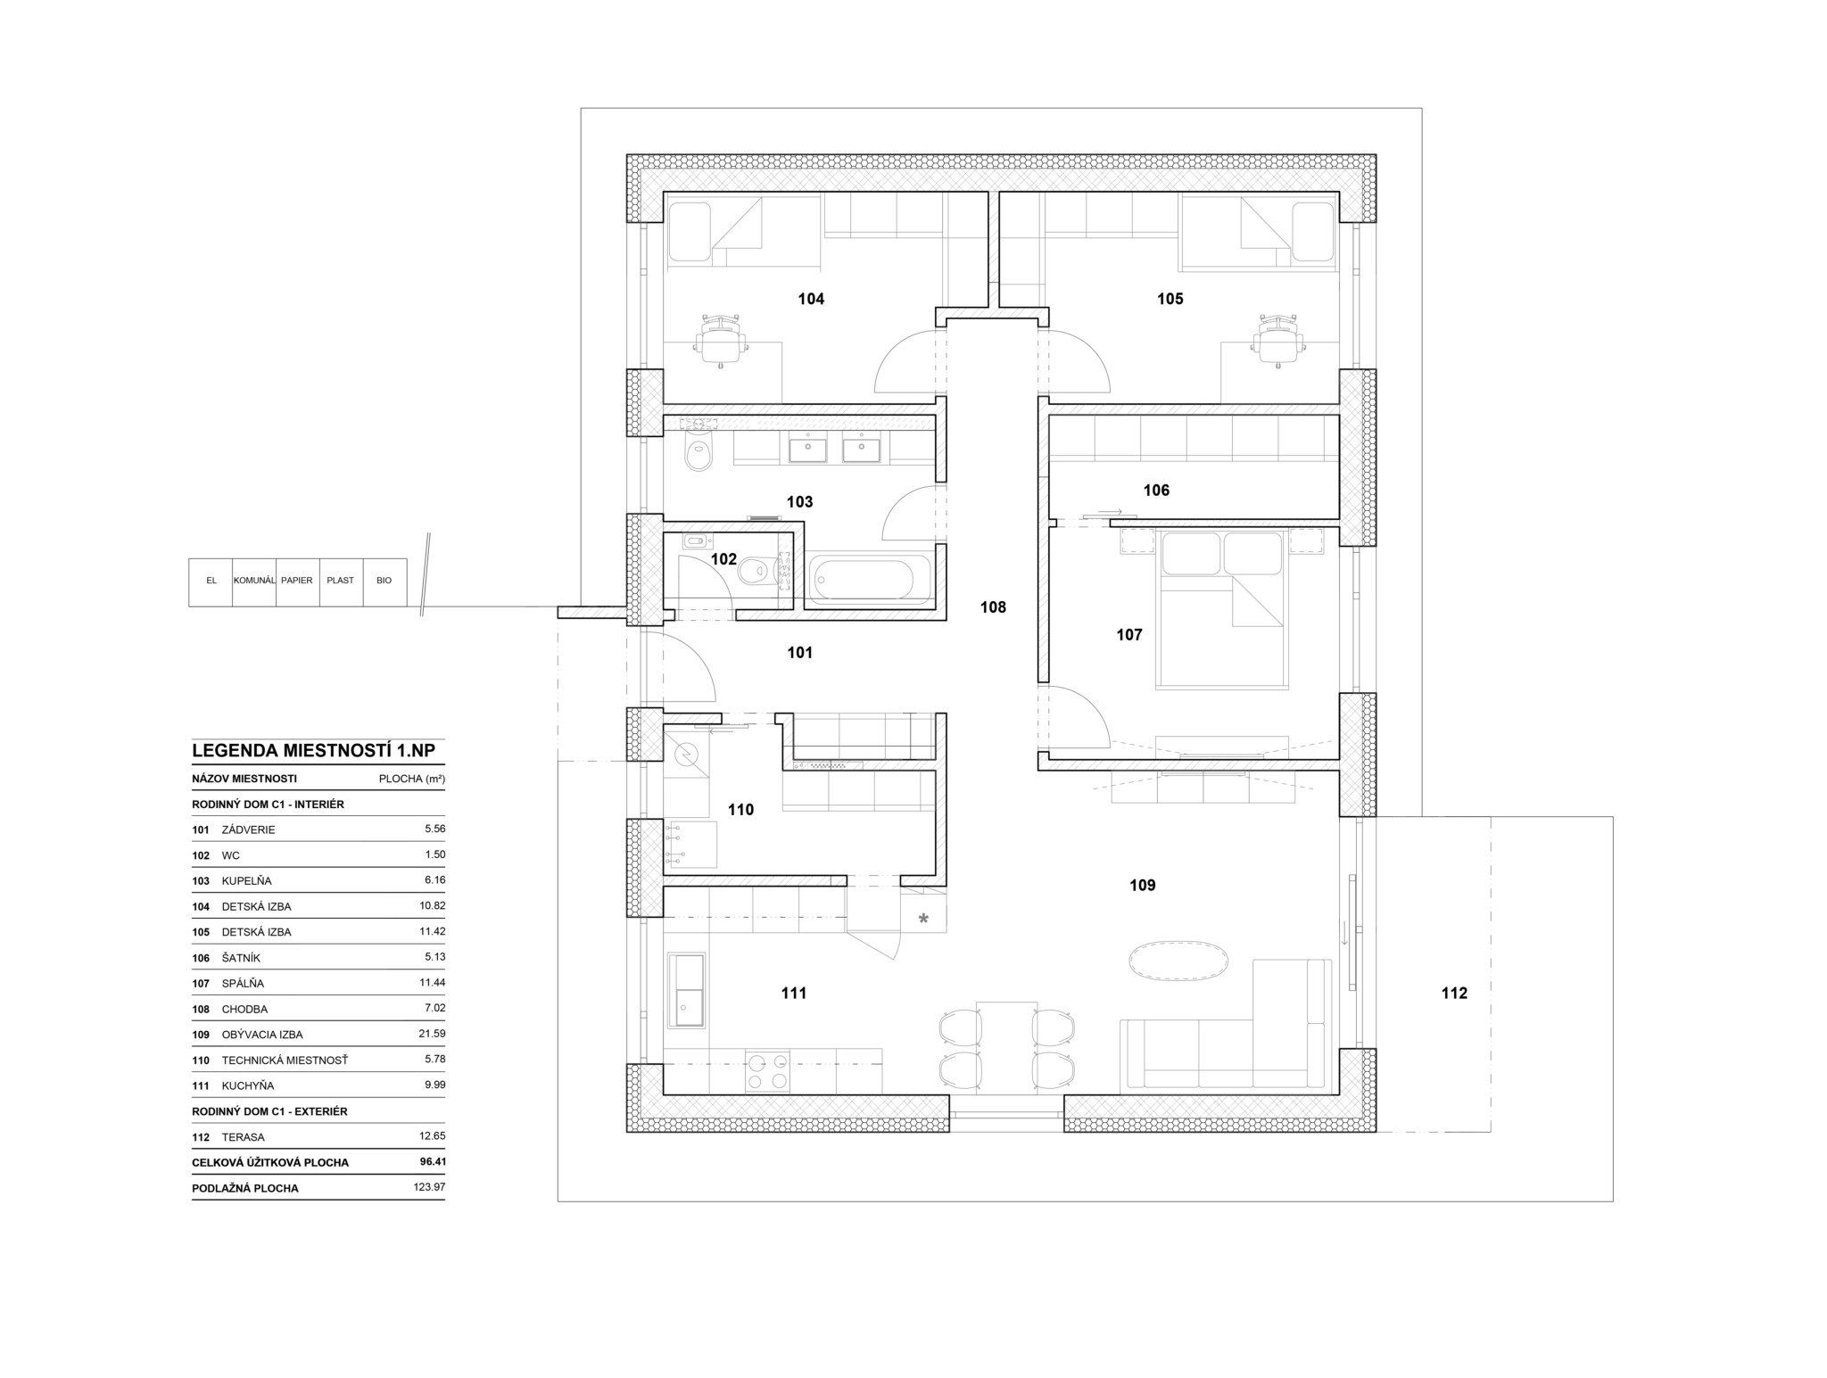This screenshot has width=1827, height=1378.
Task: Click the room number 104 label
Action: (811, 299)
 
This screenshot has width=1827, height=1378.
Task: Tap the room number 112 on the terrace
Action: (1454, 993)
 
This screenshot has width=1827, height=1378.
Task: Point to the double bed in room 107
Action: (1221, 608)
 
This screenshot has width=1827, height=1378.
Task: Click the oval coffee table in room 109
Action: (1178, 962)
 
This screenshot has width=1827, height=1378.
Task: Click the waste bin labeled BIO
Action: (384, 582)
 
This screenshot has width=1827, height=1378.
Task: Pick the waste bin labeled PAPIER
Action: (297, 582)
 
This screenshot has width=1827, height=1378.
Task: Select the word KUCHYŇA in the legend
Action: (248, 1085)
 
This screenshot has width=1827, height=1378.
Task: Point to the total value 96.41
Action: (433, 1162)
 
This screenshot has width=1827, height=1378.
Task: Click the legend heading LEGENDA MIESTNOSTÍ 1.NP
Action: (314, 750)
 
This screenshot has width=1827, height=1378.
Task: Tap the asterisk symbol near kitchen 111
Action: (923, 918)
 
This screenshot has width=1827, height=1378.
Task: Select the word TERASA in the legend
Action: (244, 1137)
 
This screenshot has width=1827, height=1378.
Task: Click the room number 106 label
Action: (1156, 490)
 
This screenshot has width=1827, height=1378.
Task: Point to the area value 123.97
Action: (430, 1187)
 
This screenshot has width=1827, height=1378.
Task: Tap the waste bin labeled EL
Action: (211, 582)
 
